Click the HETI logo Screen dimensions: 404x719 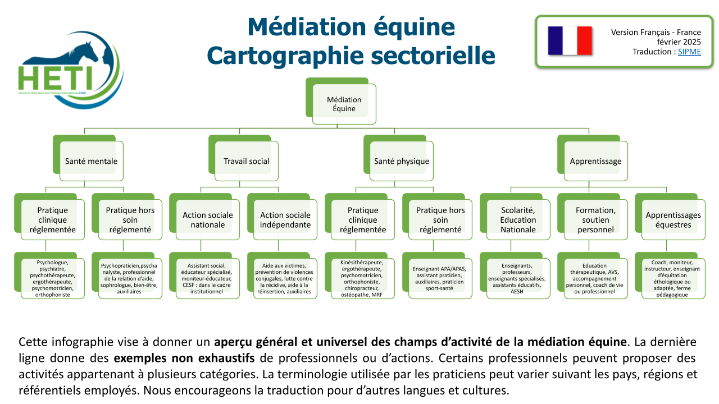[x=70, y=73]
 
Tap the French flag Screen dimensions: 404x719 [x=570, y=40]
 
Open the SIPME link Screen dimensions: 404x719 [x=689, y=52]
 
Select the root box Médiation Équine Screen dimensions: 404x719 [x=344, y=104]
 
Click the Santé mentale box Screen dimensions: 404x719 [x=92, y=161]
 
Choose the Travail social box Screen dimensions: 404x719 [x=247, y=161]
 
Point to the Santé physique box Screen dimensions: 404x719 [x=402, y=161]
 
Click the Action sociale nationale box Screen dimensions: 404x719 [x=208, y=220]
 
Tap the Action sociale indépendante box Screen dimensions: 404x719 [x=285, y=220]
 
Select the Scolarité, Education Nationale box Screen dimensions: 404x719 [x=518, y=220]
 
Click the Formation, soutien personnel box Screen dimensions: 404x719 [x=595, y=220]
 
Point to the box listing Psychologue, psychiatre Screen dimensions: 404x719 [x=53, y=278]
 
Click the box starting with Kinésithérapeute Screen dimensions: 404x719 [x=363, y=278]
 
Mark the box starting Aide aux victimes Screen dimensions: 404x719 [x=285, y=278]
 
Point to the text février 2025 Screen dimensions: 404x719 [x=679, y=42]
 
